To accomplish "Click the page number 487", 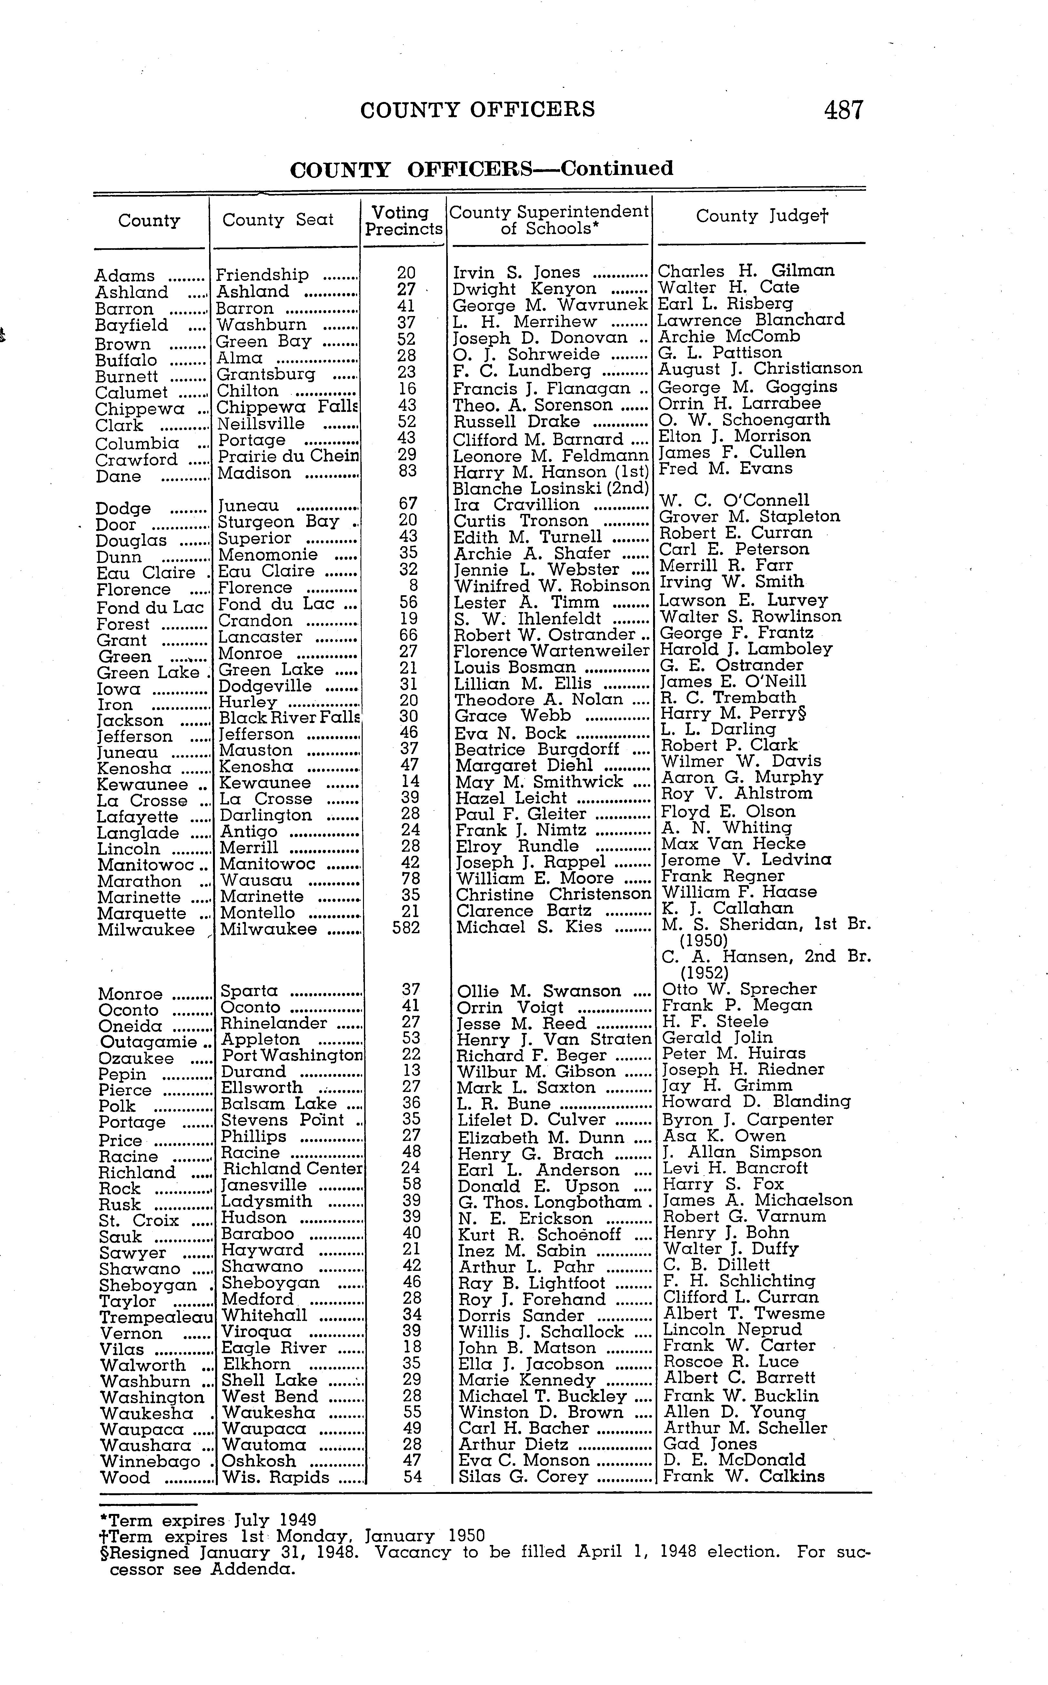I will tap(843, 110).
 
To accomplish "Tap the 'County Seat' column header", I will tap(278, 220).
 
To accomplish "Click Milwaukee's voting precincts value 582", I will tap(406, 927).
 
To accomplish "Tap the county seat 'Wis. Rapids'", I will tap(276, 1477).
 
